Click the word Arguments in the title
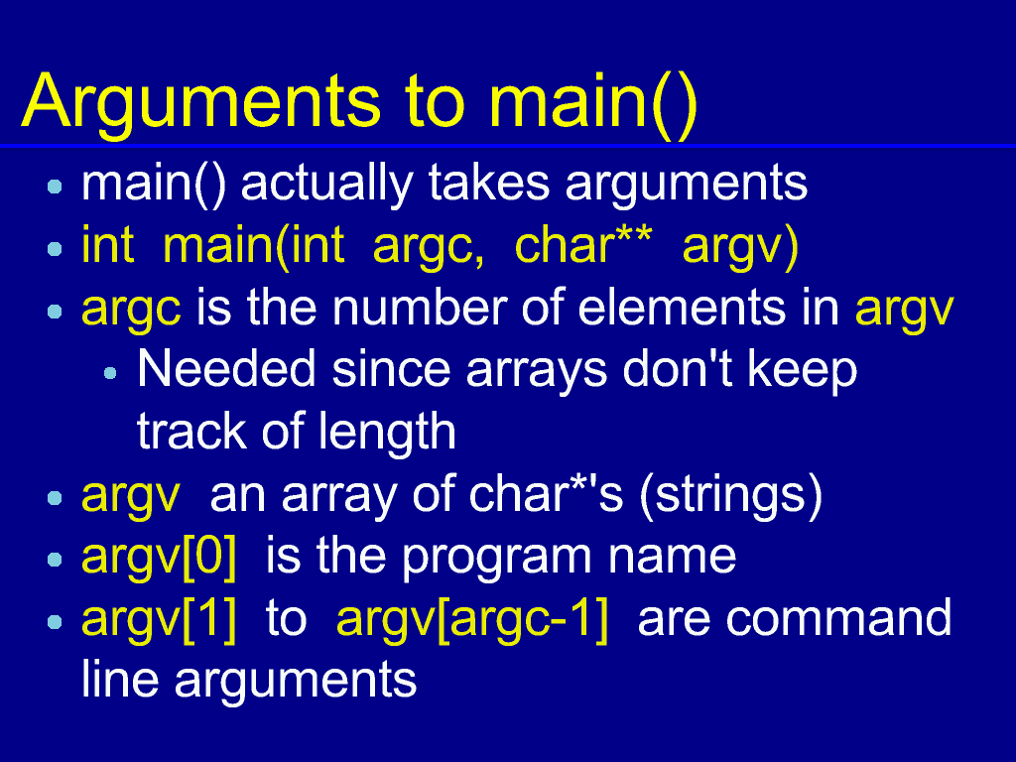[x=201, y=102]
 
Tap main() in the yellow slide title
[x=593, y=102]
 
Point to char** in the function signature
[x=582, y=246]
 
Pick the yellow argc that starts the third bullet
[x=131, y=311]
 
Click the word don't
[x=678, y=370]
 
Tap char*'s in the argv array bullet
[x=546, y=495]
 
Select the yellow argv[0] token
[x=159, y=558]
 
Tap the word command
[x=838, y=619]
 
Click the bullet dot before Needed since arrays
[x=110, y=373]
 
